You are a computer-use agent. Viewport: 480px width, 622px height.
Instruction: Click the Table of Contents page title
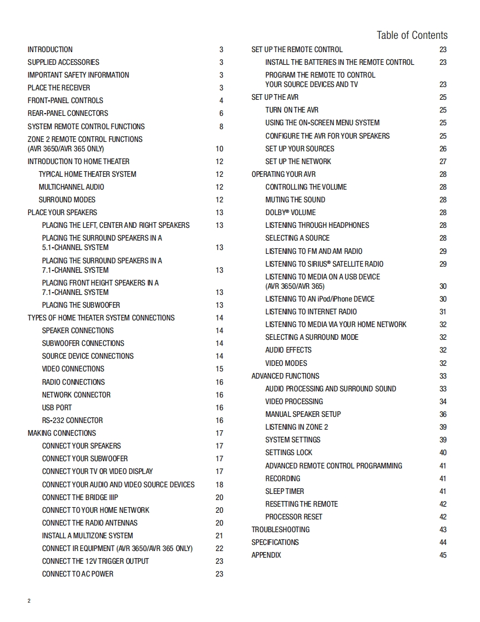tap(412, 35)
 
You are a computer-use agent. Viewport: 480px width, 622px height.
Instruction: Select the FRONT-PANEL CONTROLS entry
tap(65, 100)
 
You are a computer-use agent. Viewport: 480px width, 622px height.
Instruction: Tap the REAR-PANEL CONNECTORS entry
tap(68, 113)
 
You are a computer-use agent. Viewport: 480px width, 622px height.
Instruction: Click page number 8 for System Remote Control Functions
tap(221, 126)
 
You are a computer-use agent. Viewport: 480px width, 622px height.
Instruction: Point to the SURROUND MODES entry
tap(67, 200)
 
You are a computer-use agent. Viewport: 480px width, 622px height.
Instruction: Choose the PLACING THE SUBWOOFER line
tap(81, 305)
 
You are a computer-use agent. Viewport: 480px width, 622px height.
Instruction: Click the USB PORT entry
tap(57, 407)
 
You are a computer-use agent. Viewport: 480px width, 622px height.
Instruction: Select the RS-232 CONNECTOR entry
tap(73, 420)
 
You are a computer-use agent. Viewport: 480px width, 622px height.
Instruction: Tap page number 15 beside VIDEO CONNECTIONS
tap(219, 369)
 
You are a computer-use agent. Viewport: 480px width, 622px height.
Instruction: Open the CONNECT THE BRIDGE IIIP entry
tap(80, 497)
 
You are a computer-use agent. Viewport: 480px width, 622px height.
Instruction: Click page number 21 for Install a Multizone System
tap(219, 536)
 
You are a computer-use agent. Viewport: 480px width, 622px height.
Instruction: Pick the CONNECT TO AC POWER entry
tap(78, 574)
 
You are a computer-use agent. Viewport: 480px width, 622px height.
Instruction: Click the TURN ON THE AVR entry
tap(292, 110)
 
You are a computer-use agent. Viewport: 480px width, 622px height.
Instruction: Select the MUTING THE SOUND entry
tap(295, 200)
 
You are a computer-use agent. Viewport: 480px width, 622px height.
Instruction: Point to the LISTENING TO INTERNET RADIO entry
tap(311, 312)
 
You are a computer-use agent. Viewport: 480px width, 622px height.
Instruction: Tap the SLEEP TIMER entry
tap(284, 491)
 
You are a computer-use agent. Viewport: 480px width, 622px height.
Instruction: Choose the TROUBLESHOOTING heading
tap(280, 529)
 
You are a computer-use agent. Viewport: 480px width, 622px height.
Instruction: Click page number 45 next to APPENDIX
tap(443, 555)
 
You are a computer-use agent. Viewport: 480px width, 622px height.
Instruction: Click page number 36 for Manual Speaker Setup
tap(443, 414)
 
